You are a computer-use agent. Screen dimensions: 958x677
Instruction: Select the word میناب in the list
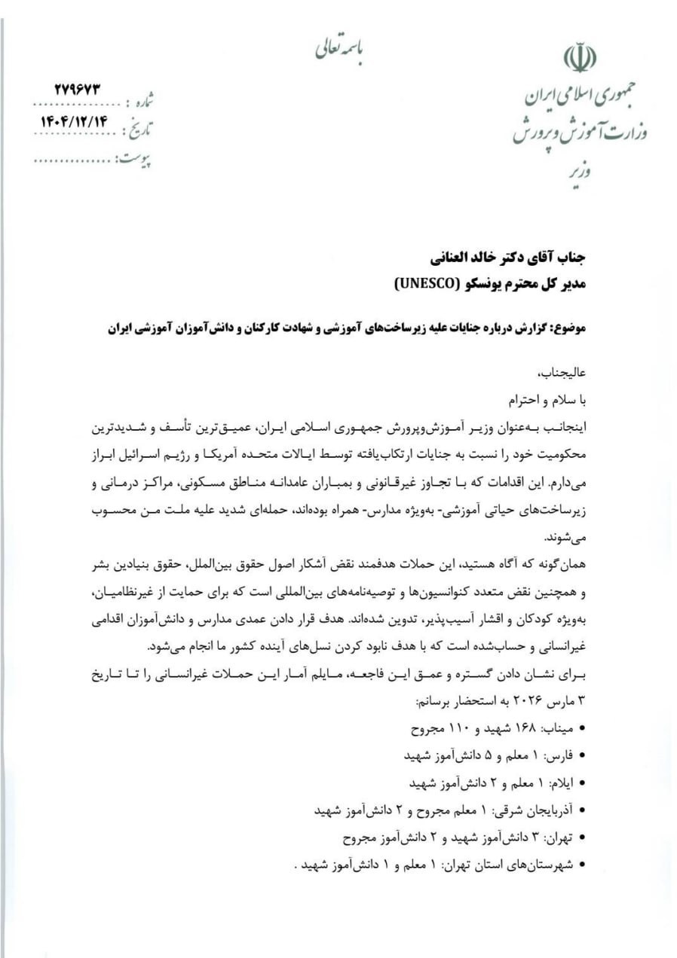[x=560, y=729]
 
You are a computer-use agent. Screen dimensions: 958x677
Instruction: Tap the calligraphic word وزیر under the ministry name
[x=580, y=172]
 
